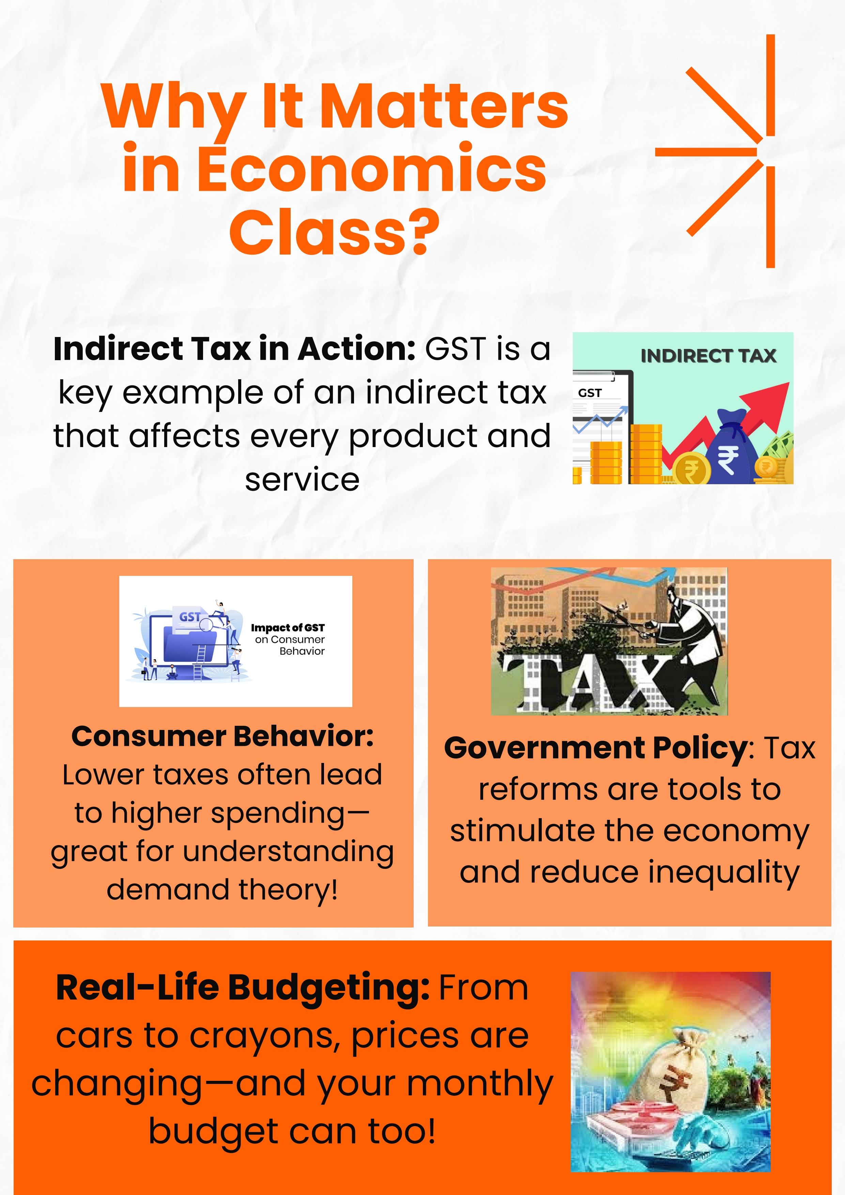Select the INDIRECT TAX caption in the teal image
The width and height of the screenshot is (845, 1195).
[x=708, y=356]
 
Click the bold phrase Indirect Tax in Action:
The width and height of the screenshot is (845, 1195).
[x=234, y=349]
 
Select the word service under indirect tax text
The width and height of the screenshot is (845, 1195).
[x=302, y=480]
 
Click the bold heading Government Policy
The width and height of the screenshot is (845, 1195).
[x=596, y=748]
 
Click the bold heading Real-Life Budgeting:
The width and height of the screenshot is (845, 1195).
[x=243, y=987]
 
